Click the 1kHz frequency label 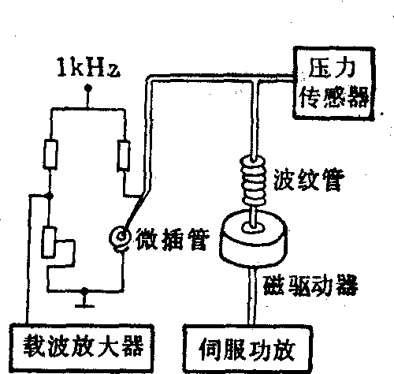tap(88, 68)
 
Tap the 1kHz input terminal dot tap(88, 88)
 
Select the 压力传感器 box tap(334, 84)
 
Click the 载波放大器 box tap(82, 348)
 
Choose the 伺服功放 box tap(247, 350)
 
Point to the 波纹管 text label tap(309, 181)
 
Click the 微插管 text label tap(173, 239)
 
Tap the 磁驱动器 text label tap(310, 286)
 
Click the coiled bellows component tap(254, 181)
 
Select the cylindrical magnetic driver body tap(254, 239)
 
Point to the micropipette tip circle tap(121, 237)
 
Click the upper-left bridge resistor tap(50, 154)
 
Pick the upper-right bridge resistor tap(124, 155)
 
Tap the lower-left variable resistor tap(49, 242)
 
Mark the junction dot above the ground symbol tap(84, 291)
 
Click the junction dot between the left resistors tap(49, 196)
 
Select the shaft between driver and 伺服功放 tap(252, 297)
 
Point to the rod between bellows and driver tap(253, 216)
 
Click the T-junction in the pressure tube tap(255, 79)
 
